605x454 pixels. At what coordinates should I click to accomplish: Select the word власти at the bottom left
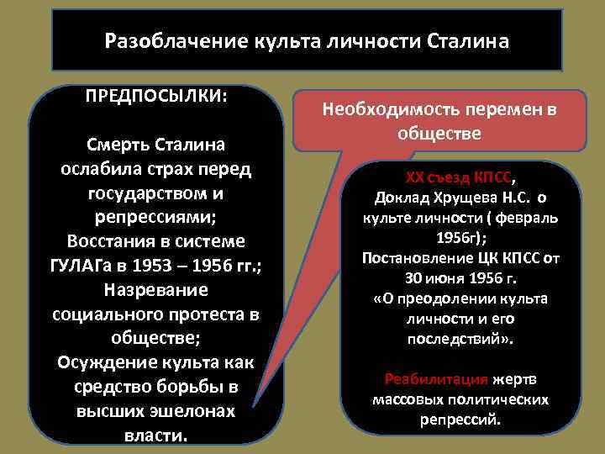point(155,436)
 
